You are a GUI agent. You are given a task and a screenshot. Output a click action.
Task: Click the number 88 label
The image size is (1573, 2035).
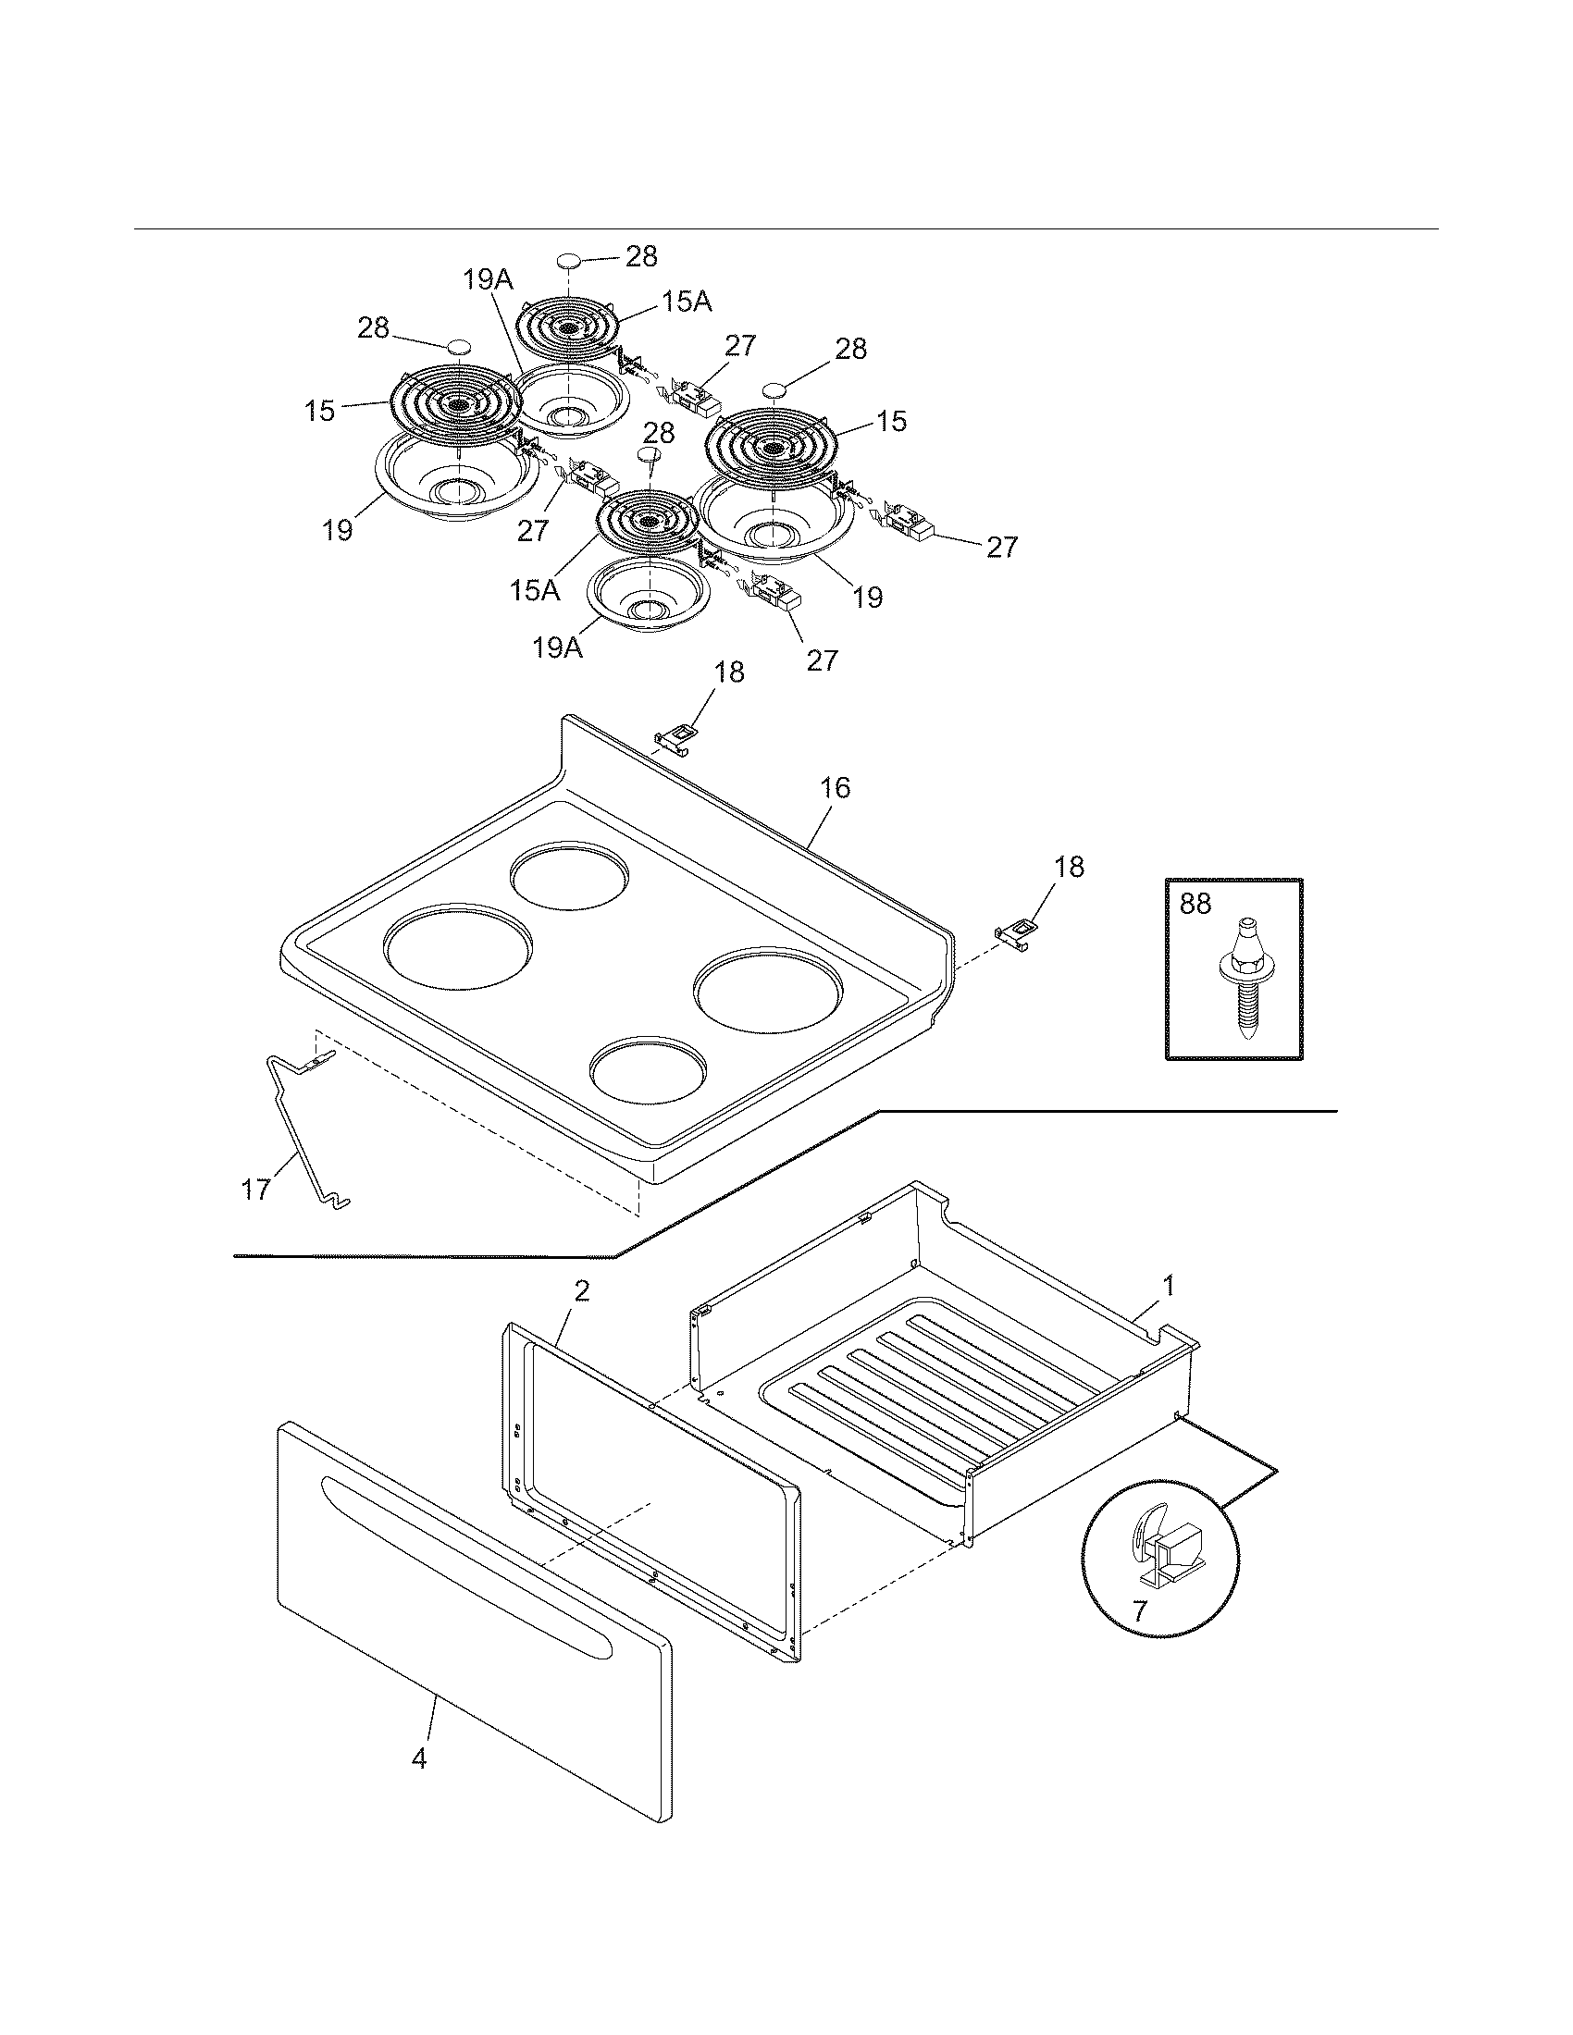1195,904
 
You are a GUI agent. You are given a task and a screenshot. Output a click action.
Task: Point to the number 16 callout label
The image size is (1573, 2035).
835,788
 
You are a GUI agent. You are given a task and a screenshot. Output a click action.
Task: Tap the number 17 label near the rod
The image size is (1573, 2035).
255,1190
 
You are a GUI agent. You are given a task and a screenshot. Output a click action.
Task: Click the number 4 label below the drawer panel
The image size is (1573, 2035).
419,1759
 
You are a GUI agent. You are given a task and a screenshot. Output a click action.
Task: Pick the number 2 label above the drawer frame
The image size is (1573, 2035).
581,1291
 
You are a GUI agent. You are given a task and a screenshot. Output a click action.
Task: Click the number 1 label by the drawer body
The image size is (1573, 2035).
1168,1287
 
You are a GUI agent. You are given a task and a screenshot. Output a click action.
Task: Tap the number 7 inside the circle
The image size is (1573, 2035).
1139,1611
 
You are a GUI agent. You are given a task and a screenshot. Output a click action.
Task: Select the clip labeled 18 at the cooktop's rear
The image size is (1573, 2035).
677,737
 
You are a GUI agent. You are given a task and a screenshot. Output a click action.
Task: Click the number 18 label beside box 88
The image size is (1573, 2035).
1069,867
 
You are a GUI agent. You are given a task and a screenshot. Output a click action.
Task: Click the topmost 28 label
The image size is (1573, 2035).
641,256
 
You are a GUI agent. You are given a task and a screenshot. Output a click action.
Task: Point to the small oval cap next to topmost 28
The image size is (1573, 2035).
569,260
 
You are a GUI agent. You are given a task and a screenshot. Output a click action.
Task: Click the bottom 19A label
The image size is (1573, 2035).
557,647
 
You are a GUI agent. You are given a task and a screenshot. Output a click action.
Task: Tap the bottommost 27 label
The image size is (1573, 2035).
822,660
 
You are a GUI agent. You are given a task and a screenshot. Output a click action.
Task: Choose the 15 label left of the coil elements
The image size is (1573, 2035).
319,411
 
